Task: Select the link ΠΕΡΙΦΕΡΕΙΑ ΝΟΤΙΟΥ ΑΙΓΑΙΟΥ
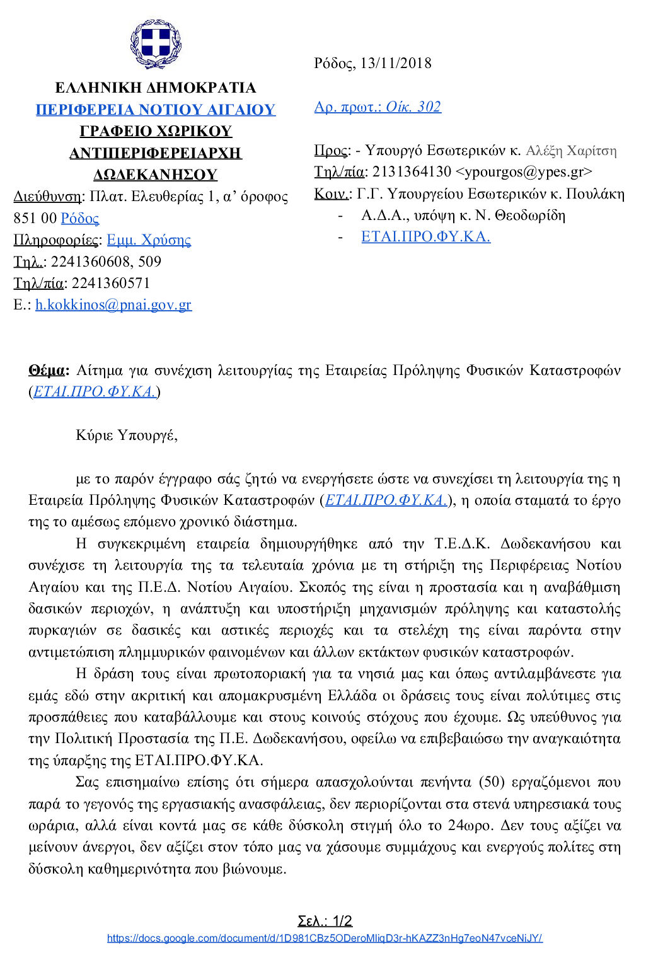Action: pyautogui.click(x=155, y=110)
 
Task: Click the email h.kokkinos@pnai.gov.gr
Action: pyautogui.click(x=113, y=305)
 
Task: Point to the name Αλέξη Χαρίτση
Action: pyautogui.click(x=571, y=150)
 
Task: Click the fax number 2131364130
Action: pyautogui.click(x=411, y=171)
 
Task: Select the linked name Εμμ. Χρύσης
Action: pyautogui.click(x=149, y=240)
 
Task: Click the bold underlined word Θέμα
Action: pyautogui.click(x=47, y=370)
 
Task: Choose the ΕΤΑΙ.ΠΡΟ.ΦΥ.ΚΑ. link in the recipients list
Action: pyautogui.click(x=425, y=237)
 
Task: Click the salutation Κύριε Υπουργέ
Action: pyautogui.click(x=126, y=435)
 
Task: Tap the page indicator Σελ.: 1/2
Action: pyautogui.click(x=325, y=921)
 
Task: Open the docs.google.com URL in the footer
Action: pyautogui.click(x=325, y=938)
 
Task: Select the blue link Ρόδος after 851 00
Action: pyautogui.click(x=80, y=219)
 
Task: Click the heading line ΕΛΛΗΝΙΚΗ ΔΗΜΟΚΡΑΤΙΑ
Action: pyautogui.click(x=155, y=88)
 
